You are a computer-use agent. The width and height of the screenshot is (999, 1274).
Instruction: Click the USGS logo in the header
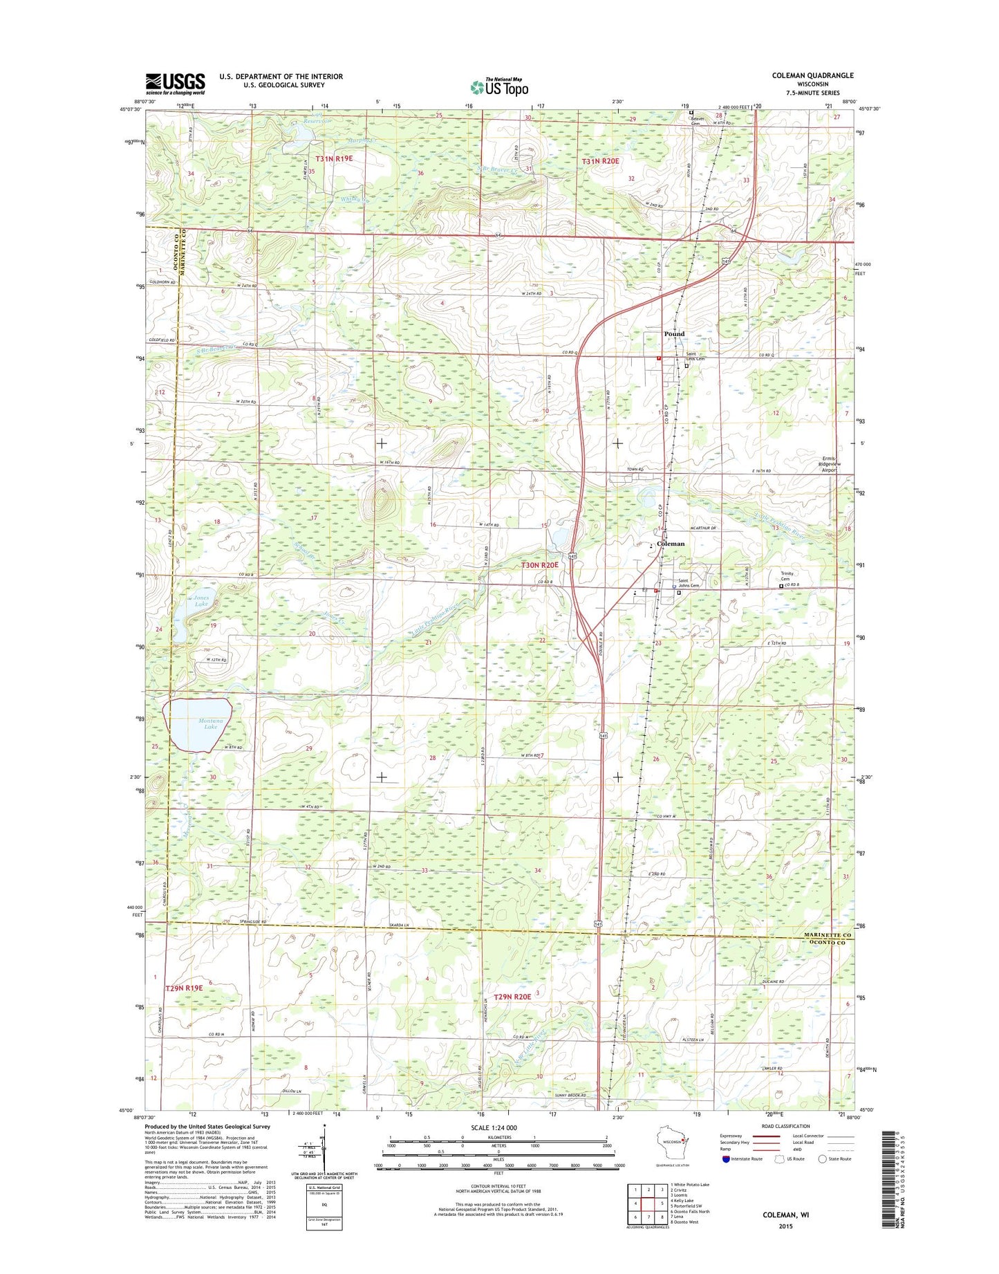tap(175, 83)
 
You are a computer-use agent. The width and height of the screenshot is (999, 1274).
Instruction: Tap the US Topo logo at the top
tap(499, 87)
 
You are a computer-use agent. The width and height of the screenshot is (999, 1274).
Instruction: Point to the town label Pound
tap(674, 334)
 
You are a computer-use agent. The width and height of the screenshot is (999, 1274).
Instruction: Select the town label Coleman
tap(671, 544)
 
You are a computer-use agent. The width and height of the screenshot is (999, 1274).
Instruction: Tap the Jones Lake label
tap(201, 600)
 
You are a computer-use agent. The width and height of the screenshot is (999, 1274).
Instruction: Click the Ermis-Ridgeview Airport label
tap(829, 464)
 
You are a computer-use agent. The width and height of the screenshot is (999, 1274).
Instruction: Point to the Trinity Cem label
tap(787, 576)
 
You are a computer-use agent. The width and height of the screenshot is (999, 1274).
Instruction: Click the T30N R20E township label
tap(539, 565)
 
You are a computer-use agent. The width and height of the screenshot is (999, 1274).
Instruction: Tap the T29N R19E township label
tap(184, 988)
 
